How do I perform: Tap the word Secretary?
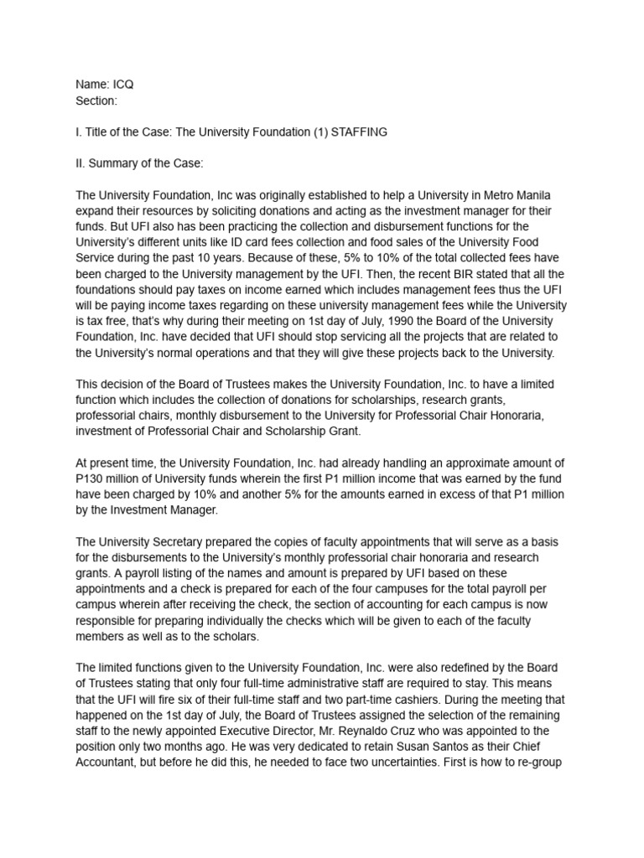click(x=180, y=541)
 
